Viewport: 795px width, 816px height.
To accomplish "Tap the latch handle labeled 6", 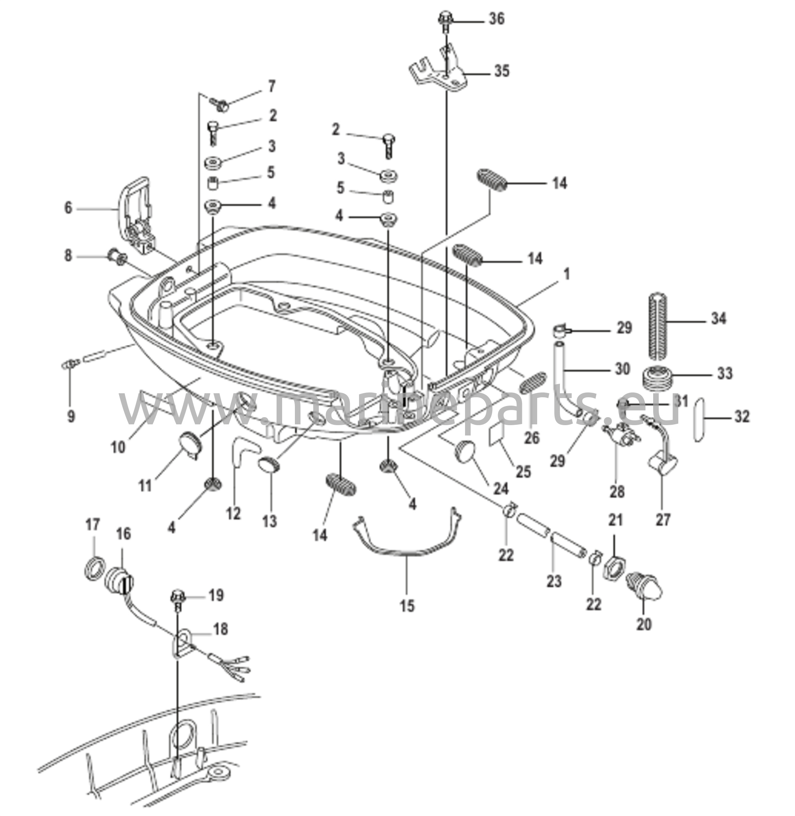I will coord(136,213).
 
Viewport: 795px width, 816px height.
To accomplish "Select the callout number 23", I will coord(554,581).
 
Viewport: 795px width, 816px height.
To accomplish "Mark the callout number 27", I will coord(663,520).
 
